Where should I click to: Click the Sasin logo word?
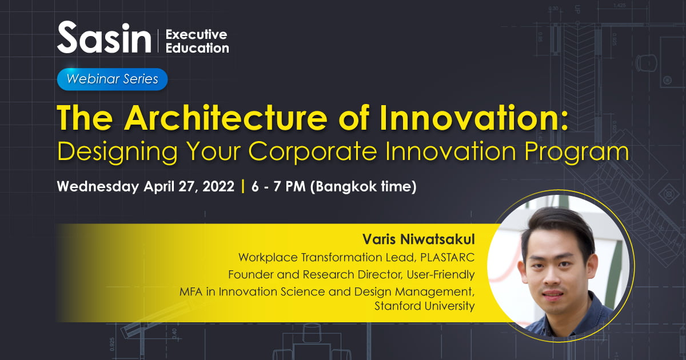coord(104,37)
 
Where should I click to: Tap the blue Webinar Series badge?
coord(112,79)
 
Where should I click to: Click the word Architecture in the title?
coord(226,118)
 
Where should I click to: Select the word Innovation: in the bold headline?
coord(474,118)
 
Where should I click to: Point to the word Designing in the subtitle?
coord(117,151)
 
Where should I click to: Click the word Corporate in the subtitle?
coord(312,151)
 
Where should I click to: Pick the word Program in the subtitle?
coord(577,151)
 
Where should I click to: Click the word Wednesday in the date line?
coord(98,186)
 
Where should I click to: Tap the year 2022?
coord(218,186)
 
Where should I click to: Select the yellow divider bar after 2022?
coord(243,186)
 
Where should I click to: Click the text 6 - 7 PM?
coord(278,186)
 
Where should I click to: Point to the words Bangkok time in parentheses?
coord(363,186)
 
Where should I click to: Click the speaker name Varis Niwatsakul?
coord(418,239)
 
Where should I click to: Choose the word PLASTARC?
coord(448,258)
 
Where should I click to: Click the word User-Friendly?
coord(441,275)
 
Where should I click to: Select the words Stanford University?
coord(425,306)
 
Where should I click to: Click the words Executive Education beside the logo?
coord(197,41)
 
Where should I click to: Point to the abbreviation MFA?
coord(191,291)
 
